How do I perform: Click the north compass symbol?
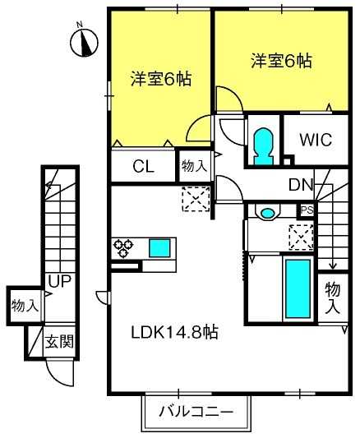pyautogui.click(x=84, y=43)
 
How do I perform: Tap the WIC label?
pyautogui.click(x=316, y=140)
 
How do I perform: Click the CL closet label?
pyautogui.click(x=143, y=167)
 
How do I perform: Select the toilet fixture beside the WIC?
pyautogui.click(x=263, y=146)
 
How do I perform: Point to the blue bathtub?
pyautogui.click(x=298, y=289)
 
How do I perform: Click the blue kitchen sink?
pyautogui.click(x=159, y=248)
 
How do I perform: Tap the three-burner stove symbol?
pyautogui.click(x=123, y=248)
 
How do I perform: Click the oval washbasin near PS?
pyautogui.click(x=268, y=213)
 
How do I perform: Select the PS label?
pyautogui.click(x=307, y=210)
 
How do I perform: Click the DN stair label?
pyautogui.click(x=301, y=185)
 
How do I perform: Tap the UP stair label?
pyautogui.click(x=60, y=281)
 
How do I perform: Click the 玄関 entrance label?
pyautogui.click(x=59, y=341)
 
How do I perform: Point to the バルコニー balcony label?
pyautogui.click(x=196, y=412)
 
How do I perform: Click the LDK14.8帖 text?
pyautogui.click(x=174, y=332)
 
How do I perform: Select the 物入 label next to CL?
pyautogui.click(x=194, y=167)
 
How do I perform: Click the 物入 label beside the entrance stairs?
pyautogui.click(x=25, y=306)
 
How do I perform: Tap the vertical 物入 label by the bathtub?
pyautogui.click(x=333, y=297)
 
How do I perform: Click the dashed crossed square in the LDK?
pyautogui.click(x=196, y=199)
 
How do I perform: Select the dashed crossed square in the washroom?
pyautogui.click(x=301, y=237)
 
